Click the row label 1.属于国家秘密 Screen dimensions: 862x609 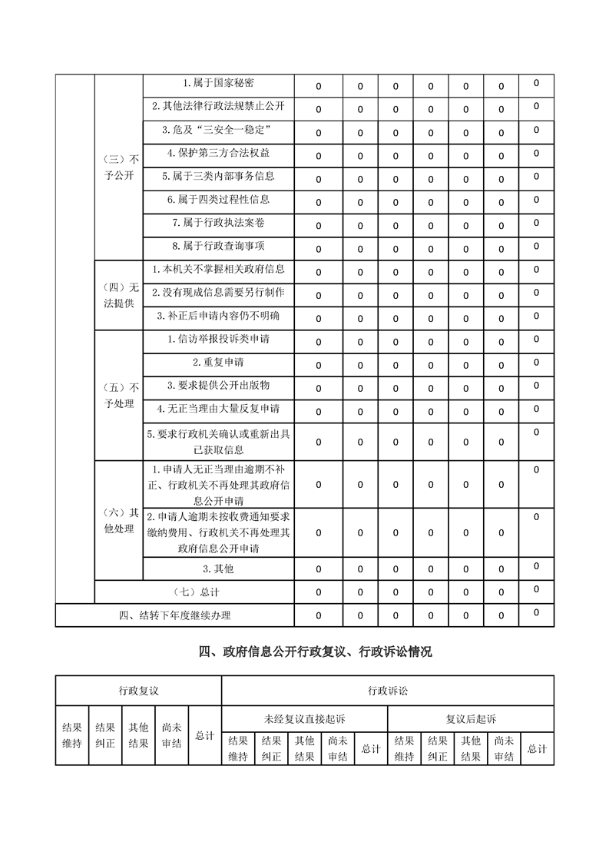[x=218, y=83]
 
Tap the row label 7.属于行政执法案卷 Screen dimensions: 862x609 [x=218, y=223]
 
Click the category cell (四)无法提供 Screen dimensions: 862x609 [x=118, y=295]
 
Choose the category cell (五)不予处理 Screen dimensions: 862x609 [x=118, y=395]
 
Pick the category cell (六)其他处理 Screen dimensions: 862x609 [x=118, y=520]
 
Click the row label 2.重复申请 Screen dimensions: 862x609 [x=218, y=362]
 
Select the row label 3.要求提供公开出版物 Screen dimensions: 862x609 [x=218, y=385]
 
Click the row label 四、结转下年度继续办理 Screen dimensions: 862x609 [x=175, y=615]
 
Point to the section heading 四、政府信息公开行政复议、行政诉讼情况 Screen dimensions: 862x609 [x=315, y=652]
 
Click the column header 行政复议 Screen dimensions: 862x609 [x=138, y=691]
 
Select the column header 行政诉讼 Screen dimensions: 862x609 [x=387, y=691]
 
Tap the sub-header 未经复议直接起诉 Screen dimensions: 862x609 [x=304, y=719]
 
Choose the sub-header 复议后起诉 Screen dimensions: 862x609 [x=471, y=719]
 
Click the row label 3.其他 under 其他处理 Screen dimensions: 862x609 [x=218, y=569]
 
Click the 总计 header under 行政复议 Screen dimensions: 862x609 [x=204, y=735]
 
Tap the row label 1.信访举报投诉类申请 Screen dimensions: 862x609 [x=218, y=339]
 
